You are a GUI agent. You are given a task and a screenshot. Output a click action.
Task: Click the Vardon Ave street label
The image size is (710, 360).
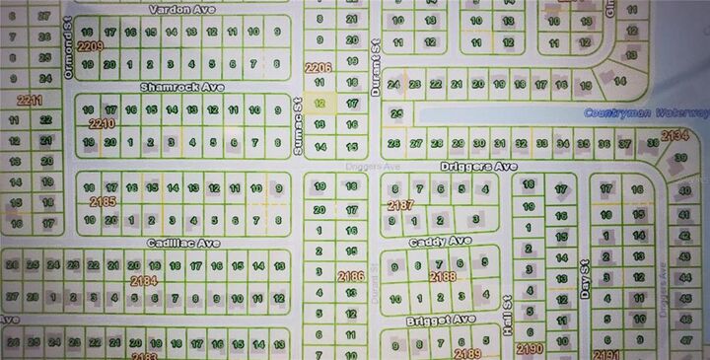pos(181,9)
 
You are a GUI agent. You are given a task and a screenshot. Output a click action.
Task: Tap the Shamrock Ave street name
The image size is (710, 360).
pos(181,88)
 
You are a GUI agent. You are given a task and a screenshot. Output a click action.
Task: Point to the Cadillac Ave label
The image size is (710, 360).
pos(182,242)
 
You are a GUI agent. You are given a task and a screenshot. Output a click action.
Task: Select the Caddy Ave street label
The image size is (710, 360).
pos(441,241)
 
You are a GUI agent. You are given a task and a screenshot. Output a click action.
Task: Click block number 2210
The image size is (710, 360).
pos(102,124)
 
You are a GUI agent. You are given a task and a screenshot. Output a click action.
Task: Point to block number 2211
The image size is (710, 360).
pos(30,100)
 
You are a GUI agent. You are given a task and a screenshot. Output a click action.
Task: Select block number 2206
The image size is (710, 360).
pos(319,67)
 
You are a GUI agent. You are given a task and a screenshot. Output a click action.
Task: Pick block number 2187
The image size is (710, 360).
pos(400,204)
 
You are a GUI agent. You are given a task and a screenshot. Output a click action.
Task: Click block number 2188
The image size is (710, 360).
pos(444,277)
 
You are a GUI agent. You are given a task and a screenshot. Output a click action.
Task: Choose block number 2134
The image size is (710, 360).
pos(674,135)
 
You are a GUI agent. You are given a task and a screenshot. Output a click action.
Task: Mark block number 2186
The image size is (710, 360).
pos(349,277)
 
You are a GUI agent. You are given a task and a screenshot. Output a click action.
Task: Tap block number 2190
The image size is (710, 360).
pos(530,348)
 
